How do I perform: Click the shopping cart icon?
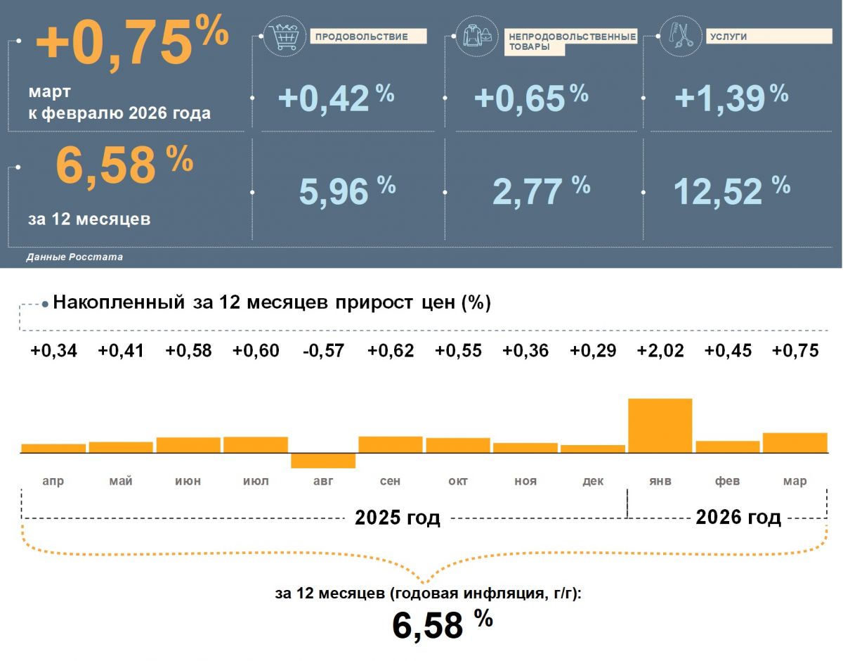(x=285, y=37)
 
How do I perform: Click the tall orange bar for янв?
(x=660, y=425)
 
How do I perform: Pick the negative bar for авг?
(x=323, y=461)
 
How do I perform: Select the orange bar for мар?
(x=795, y=443)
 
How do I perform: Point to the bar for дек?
(x=593, y=449)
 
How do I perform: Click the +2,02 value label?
(x=660, y=351)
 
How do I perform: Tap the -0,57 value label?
(x=323, y=351)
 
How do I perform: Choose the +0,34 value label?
(x=53, y=351)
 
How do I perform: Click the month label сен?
(x=390, y=481)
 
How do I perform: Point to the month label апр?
(x=53, y=481)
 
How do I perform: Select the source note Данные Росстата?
(x=74, y=257)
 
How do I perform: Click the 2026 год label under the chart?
(x=738, y=518)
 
